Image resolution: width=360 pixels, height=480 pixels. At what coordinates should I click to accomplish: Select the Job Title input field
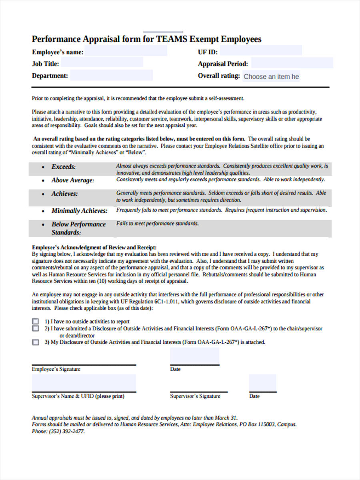[102, 62]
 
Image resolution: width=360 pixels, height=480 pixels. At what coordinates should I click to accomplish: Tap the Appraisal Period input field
[292, 63]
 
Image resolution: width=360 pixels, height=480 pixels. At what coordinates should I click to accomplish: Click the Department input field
[112, 75]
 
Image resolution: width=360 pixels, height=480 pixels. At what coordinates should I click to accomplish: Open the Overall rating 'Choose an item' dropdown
[271, 76]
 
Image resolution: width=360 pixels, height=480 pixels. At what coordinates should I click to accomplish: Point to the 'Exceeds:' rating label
[63, 167]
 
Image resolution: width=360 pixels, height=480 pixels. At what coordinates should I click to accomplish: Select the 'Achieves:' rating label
[64, 194]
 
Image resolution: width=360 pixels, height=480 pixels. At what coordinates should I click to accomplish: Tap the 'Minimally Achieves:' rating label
[80, 211]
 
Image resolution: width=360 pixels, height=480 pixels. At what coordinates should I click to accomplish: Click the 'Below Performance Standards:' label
[78, 228]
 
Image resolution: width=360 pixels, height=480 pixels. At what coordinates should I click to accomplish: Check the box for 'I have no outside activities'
[36, 321]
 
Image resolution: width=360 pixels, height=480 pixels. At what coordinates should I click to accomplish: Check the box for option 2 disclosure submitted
[36, 328]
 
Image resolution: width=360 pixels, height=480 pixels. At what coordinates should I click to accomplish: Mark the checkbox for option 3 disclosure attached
[36, 342]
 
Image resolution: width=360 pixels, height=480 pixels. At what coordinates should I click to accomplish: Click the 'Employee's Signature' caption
[56, 369]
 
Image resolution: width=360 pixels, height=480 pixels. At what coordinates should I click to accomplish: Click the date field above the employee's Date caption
[194, 356]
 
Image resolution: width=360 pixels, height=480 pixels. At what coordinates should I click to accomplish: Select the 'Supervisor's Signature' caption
[195, 396]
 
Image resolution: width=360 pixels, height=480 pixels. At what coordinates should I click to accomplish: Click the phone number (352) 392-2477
[66, 432]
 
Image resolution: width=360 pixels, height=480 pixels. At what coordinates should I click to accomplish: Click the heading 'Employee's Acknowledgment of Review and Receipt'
[94, 247]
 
